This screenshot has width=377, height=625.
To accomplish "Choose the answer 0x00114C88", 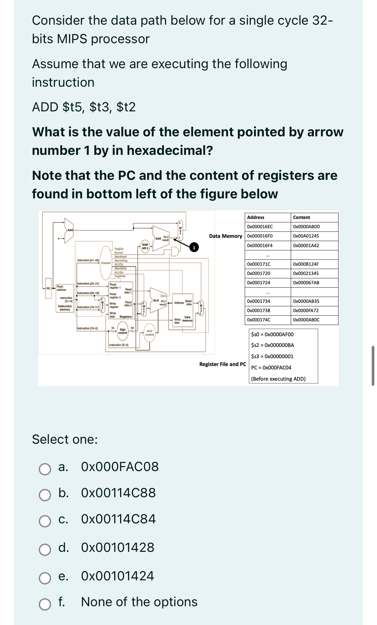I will (x=118, y=493).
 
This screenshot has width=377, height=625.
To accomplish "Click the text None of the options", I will (x=139, y=602).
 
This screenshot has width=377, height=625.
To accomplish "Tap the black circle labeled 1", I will (x=194, y=248).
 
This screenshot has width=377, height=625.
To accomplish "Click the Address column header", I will (x=255, y=217).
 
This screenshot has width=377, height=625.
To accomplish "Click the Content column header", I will (x=301, y=217).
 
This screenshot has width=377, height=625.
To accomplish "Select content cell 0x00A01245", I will (x=306, y=236).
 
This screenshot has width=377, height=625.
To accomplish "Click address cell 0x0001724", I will (x=258, y=283).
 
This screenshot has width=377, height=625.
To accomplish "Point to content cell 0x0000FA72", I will (x=306, y=311).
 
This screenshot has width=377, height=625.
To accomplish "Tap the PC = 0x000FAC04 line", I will (x=271, y=368).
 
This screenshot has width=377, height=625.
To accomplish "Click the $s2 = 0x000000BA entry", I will (x=272, y=345).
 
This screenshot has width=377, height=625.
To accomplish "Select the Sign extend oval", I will (x=122, y=331).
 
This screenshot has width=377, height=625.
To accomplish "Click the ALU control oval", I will (x=149, y=333).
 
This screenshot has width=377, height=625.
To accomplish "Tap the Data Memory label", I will (x=225, y=236).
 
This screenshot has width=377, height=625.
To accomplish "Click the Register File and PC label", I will (x=223, y=364).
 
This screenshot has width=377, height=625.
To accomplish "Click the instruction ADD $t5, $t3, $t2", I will (x=84, y=107).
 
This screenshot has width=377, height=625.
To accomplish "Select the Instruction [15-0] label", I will (x=87, y=328).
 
